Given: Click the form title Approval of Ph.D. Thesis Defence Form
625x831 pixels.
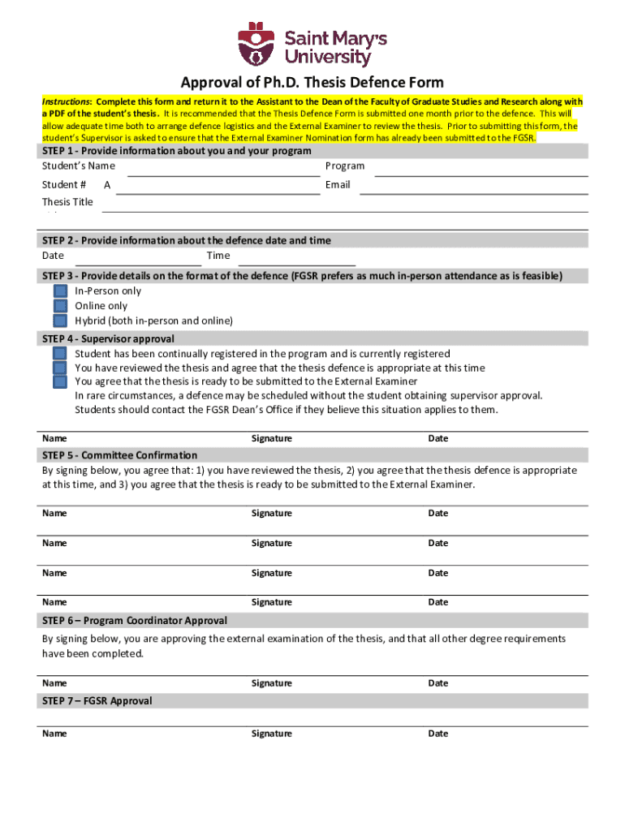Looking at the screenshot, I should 312,83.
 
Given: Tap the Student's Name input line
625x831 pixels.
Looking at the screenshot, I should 223,170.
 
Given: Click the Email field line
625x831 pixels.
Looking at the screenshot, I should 473,189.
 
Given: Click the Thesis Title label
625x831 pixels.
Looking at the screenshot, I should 67,202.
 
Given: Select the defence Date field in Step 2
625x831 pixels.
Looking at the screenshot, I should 138,260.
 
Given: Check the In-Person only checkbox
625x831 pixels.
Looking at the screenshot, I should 60,291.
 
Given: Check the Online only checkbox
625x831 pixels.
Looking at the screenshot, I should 60,306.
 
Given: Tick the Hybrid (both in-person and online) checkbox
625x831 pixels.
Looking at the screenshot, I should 60,321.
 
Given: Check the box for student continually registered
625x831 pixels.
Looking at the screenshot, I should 60,354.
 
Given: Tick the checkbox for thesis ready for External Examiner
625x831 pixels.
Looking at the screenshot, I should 60,381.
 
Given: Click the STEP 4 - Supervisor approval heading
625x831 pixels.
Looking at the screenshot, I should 108,339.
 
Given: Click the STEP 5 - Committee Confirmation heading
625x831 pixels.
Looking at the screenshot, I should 119,455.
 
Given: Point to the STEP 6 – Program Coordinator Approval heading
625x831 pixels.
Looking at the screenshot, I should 134,621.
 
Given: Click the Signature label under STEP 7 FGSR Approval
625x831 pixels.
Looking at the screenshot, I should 271,734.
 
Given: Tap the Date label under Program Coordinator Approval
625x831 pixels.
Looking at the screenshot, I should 437,683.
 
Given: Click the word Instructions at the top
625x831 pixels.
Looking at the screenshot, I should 67,102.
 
